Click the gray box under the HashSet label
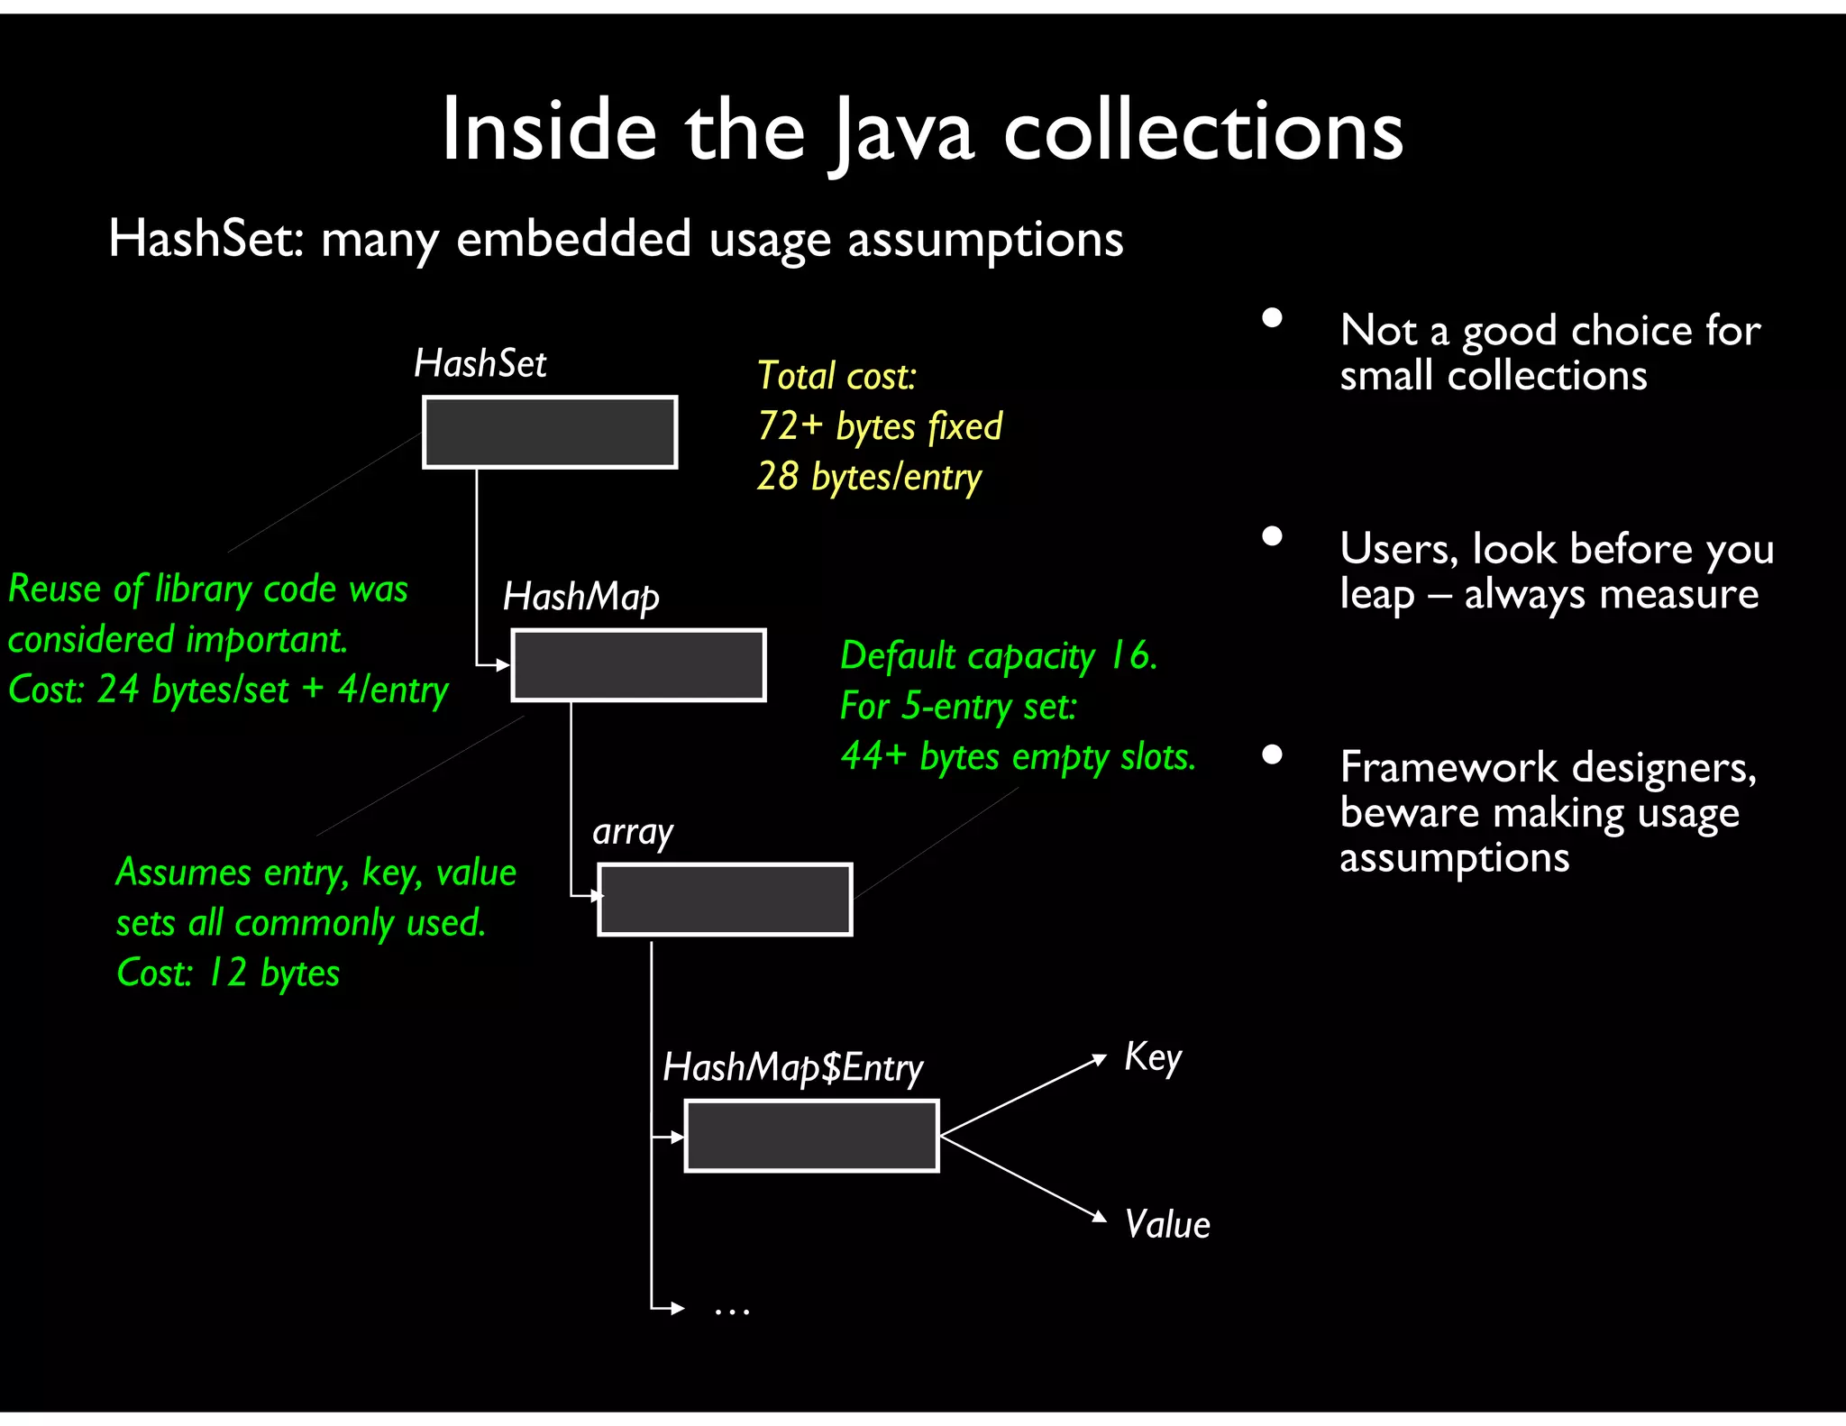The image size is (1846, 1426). click(550, 433)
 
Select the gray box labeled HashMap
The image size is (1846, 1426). click(638, 665)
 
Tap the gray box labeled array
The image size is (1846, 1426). click(725, 900)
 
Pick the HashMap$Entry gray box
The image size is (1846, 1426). click(811, 1136)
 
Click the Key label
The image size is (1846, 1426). click(1152, 1057)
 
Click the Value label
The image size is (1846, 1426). click(1167, 1225)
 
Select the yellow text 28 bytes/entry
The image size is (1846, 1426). click(869, 477)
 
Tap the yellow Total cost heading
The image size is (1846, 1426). click(836, 376)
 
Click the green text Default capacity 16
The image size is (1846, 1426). click(998, 655)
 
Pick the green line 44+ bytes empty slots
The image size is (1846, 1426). click(1018, 756)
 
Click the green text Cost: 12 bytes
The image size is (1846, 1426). click(228, 974)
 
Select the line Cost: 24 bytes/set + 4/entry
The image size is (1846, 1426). click(228, 690)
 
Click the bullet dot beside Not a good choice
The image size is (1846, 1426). click(1272, 318)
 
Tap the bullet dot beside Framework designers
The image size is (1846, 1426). click(1272, 754)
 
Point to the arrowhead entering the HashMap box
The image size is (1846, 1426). click(504, 665)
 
